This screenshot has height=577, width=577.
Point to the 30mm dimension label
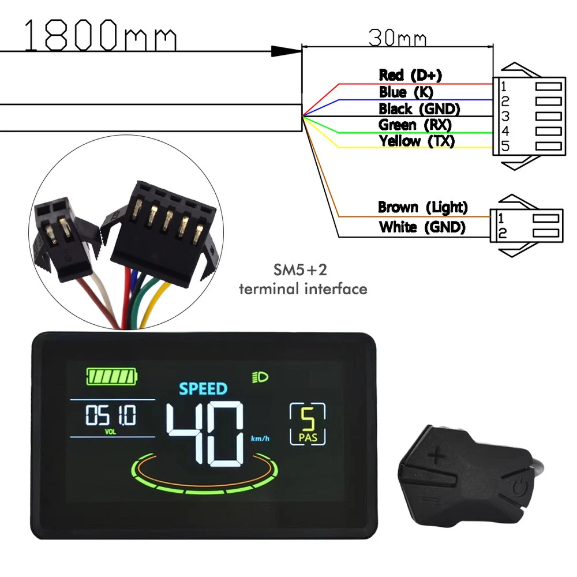pyautogui.click(x=398, y=39)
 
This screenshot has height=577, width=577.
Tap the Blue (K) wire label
pyautogui.click(x=406, y=92)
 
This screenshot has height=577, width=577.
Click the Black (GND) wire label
pyautogui.click(x=419, y=108)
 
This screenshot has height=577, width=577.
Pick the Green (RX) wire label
pyautogui.click(x=415, y=125)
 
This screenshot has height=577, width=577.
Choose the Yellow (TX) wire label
pyautogui.click(x=417, y=141)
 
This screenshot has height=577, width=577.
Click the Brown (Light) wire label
pyautogui.click(x=423, y=207)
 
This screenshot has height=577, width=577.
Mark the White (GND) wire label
pyautogui.click(x=422, y=227)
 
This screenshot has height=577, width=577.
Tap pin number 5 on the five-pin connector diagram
pyautogui.click(x=505, y=147)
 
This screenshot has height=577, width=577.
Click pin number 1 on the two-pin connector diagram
pyautogui.click(x=501, y=218)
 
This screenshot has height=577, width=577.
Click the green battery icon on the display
pyautogui.click(x=112, y=377)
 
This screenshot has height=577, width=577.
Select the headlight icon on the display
pyautogui.click(x=260, y=378)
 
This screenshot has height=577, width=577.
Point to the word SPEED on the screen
pyautogui.click(x=203, y=388)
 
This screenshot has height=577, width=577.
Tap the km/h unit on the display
pyautogui.click(x=260, y=440)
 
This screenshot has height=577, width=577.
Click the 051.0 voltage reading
pyautogui.click(x=111, y=415)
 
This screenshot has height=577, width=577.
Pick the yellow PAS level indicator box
pyautogui.click(x=307, y=424)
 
